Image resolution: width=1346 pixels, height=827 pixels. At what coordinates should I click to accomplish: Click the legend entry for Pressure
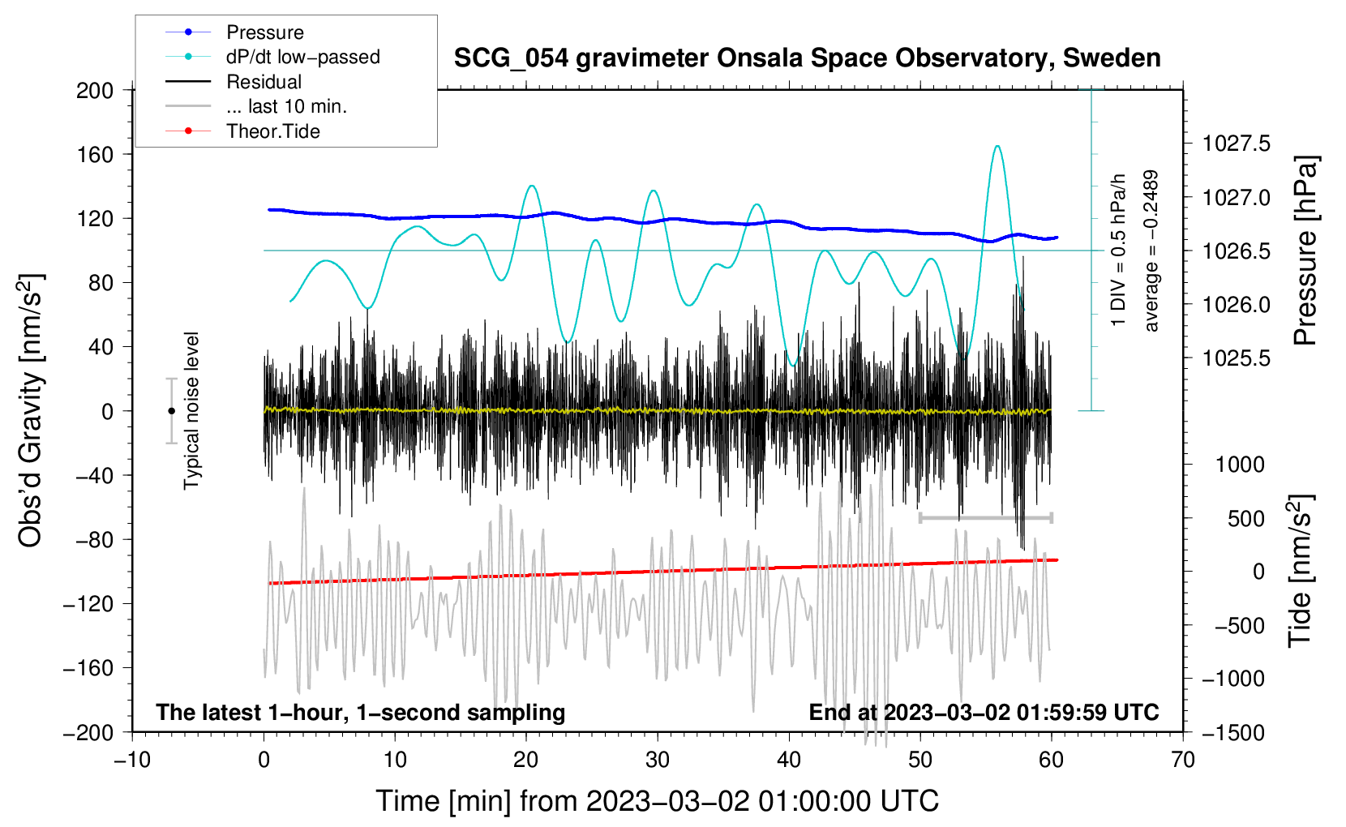click(x=234, y=32)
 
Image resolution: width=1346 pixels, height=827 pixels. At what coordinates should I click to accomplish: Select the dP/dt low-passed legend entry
click(x=272, y=57)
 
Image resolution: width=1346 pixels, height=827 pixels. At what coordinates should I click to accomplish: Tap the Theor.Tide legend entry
click(x=242, y=131)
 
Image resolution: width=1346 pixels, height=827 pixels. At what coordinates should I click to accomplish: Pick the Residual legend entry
click(x=234, y=82)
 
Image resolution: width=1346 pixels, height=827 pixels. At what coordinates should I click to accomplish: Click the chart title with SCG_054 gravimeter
click(x=807, y=58)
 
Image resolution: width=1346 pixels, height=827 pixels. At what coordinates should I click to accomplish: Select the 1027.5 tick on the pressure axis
click(x=1236, y=144)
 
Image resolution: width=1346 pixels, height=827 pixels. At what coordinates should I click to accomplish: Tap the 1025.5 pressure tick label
click(x=1236, y=358)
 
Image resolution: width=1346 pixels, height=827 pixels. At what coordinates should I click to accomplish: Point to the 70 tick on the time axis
click(x=1182, y=760)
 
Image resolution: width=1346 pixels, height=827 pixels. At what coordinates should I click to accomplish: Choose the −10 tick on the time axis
click(x=132, y=760)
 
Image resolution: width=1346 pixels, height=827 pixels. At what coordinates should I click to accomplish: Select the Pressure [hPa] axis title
click(x=1305, y=251)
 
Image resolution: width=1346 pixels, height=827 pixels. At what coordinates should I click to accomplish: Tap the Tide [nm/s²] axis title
click(x=1300, y=571)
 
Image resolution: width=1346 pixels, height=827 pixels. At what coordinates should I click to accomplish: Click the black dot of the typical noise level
click(x=171, y=411)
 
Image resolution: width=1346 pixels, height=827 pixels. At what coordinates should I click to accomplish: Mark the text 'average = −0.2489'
click(x=1151, y=251)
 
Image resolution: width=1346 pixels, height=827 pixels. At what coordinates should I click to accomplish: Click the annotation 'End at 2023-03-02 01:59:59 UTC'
click(x=984, y=712)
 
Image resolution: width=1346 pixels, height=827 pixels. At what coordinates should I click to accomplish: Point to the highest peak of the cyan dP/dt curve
click(x=997, y=145)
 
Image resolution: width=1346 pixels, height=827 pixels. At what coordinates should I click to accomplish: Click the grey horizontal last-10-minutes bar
click(x=985, y=517)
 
